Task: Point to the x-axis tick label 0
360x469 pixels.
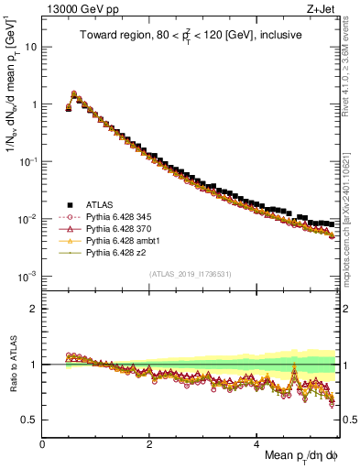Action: [x=43, y=443]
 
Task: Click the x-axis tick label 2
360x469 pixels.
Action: [x=150, y=443]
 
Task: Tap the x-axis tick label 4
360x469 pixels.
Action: [x=257, y=443]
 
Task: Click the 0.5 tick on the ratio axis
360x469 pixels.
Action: [x=29, y=420]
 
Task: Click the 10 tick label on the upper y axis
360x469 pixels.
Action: [x=29, y=47]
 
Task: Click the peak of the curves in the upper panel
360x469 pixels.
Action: [x=74, y=93]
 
